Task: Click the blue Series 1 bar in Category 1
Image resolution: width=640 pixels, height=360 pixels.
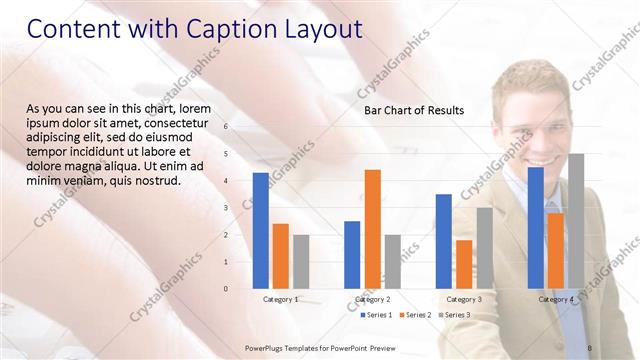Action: (261, 231)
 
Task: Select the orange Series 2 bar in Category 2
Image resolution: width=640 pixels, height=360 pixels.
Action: (372, 229)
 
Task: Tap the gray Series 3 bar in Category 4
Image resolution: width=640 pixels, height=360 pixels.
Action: (576, 221)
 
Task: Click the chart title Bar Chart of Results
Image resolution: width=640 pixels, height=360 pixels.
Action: (414, 110)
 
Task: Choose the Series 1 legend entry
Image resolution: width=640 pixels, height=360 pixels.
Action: (376, 315)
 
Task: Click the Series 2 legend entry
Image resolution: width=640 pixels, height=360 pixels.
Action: (415, 315)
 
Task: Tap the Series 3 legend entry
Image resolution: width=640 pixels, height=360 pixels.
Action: (454, 315)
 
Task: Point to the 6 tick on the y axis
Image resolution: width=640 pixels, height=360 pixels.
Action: (226, 127)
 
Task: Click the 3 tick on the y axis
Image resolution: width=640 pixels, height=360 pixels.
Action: (226, 208)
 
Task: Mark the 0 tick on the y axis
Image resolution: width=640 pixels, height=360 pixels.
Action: (226, 289)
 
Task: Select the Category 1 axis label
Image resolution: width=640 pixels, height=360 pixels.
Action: (281, 299)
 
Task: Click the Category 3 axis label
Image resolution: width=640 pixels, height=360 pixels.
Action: (464, 299)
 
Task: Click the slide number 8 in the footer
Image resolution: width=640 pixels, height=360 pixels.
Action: (590, 346)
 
